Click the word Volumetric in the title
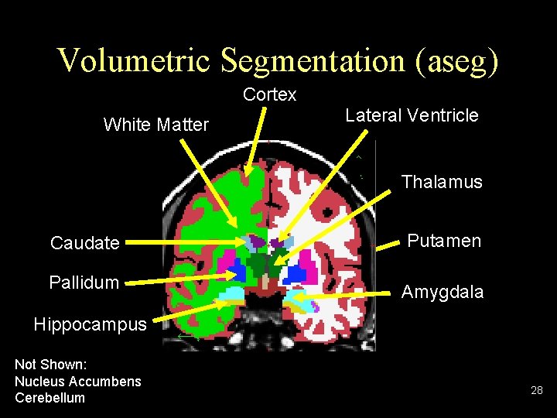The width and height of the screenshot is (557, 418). tap(133, 60)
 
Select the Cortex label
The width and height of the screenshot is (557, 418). tap(269, 94)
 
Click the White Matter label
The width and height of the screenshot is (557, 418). tap(155, 124)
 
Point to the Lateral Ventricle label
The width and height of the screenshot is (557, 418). tap(412, 116)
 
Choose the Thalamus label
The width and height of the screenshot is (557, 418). tap(441, 182)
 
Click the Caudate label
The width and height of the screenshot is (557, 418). tap(84, 243)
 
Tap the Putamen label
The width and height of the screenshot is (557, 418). tap(444, 241)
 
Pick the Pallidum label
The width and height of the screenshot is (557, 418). tap(84, 283)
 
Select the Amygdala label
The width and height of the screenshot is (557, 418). tap(442, 292)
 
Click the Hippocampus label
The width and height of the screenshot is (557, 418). tap(90, 324)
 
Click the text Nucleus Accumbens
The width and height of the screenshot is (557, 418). tap(77, 381)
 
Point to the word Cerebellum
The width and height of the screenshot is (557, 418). tap(50, 398)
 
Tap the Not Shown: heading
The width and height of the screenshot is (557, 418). tap(50, 364)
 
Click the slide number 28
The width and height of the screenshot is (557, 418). tap(537, 391)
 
